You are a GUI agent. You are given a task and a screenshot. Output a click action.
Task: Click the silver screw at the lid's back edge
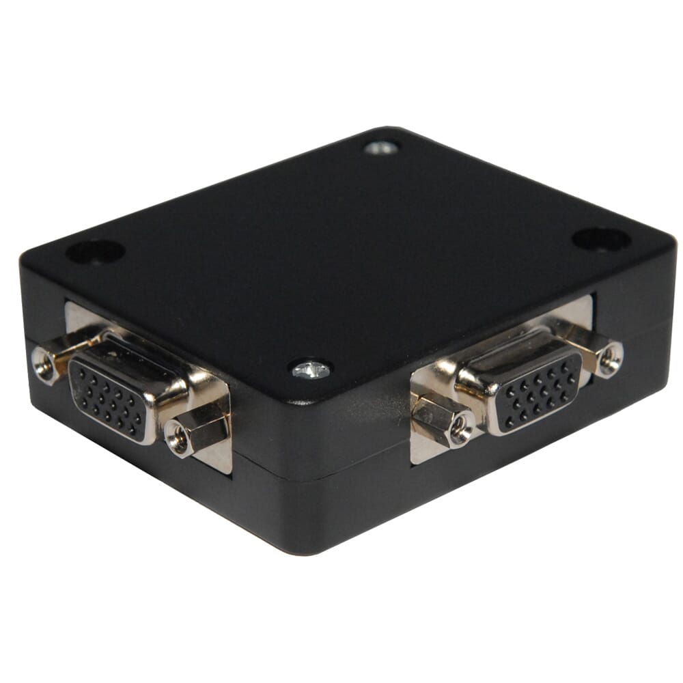click(381, 147)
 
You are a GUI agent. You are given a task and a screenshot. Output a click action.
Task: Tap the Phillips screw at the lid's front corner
click(311, 370)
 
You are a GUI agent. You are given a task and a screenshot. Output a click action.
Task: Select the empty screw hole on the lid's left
click(95, 251)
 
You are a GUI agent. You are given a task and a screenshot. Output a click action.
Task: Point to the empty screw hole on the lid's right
click(600, 238)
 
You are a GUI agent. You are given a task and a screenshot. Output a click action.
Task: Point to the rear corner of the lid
click(389, 129)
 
